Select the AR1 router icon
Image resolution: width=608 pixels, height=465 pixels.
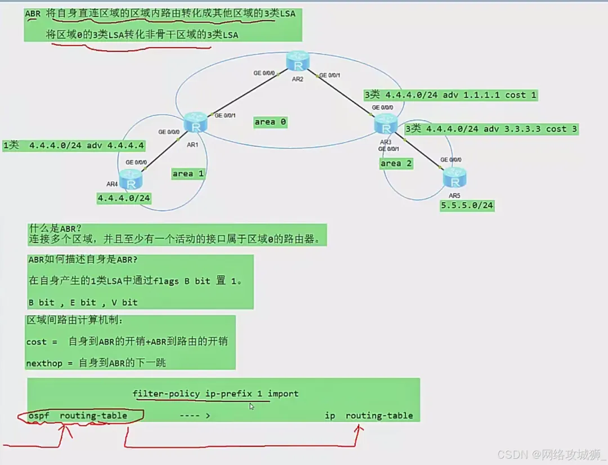point(195,123)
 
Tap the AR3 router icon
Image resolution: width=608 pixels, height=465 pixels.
point(386,124)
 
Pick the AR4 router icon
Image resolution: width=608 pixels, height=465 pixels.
point(131,181)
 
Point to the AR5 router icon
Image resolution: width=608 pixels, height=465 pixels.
point(454,178)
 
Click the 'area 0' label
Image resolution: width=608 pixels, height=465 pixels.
point(270,122)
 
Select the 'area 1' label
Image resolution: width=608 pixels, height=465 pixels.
point(188,173)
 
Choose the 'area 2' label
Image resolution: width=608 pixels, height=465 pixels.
point(396,163)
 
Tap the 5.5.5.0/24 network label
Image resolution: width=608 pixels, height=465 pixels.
point(467,205)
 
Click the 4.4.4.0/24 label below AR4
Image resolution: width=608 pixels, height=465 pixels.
point(124,198)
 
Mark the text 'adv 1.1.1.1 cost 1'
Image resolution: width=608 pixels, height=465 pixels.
point(489,95)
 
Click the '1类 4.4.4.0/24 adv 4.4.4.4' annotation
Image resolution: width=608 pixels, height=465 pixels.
point(74,145)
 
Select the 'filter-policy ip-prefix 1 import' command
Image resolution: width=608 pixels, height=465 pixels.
point(216,394)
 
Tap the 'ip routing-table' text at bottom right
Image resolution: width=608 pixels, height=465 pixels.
point(369,415)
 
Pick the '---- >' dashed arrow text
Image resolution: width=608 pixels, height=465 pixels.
point(195,415)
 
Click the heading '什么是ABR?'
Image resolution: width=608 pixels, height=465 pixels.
point(55,229)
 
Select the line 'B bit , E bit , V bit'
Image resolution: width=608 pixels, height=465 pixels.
point(83,302)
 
